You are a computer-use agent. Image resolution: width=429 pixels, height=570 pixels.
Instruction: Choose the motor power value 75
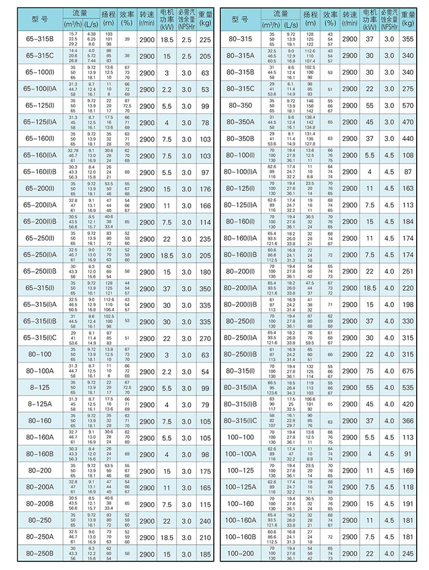(x=370, y=371)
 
